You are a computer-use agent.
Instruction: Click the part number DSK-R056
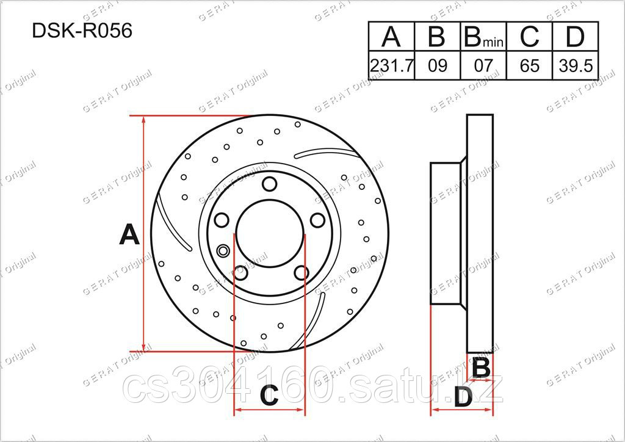click(x=82, y=31)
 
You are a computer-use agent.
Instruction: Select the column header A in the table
click(x=391, y=37)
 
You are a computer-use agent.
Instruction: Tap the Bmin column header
click(x=483, y=37)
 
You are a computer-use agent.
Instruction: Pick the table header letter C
click(x=529, y=37)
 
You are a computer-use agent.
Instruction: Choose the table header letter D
click(x=575, y=37)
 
